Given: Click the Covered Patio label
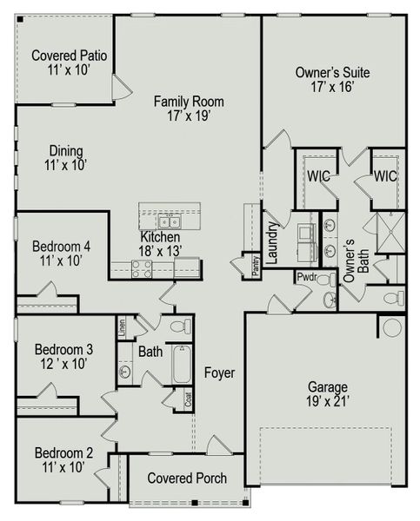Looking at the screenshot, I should (69, 56).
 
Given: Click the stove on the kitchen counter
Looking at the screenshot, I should (142, 269).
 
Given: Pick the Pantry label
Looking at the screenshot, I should (256, 266).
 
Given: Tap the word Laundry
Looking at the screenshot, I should (272, 242).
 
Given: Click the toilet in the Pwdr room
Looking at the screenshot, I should (329, 300).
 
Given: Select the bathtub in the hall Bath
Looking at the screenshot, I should (181, 365).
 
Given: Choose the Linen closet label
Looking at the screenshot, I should (122, 328).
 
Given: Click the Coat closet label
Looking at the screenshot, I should (188, 400).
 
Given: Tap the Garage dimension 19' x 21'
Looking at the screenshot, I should (327, 402).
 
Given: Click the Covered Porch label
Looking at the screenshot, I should (187, 478).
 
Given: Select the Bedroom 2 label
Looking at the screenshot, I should (63, 452).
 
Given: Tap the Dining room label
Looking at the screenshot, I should (66, 149).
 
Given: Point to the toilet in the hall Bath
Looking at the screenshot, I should (180, 327).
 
